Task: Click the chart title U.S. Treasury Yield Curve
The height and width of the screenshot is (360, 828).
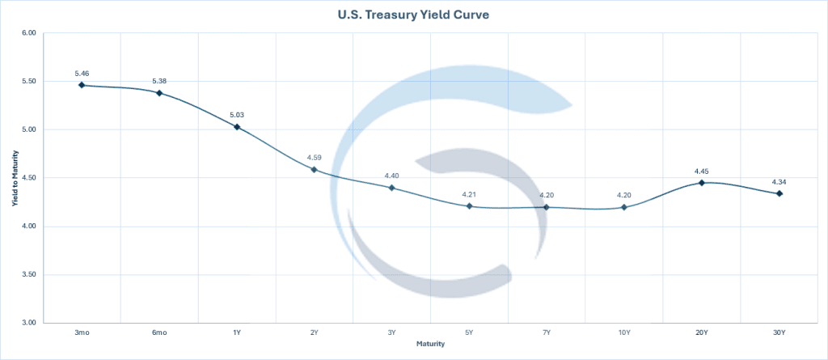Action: coord(413,15)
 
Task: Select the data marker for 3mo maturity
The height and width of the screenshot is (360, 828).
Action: coord(82,85)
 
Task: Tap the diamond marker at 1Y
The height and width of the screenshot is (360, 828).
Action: coord(237,127)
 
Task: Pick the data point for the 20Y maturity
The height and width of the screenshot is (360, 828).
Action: coord(702,183)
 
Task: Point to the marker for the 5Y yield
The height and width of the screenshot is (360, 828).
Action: coord(469,206)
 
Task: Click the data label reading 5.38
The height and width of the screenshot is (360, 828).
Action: coord(159,81)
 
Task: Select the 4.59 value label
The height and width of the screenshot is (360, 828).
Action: coord(315,157)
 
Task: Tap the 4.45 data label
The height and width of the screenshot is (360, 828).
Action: coord(702,171)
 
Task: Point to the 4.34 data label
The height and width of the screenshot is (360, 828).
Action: coord(779,181)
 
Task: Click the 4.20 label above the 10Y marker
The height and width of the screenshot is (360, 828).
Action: coord(624,195)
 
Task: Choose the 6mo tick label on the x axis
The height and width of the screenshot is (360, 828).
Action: coord(159,332)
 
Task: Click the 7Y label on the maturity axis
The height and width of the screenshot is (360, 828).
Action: coord(547,332)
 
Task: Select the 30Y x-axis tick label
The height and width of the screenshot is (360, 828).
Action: coord(779,332)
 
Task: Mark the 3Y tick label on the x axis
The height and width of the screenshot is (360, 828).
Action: coord(391,332)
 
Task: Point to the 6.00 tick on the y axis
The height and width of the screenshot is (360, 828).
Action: coord(29,33)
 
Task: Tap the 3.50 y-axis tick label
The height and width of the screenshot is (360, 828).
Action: coord(29,275)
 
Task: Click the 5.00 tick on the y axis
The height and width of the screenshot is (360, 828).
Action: coord(29,129)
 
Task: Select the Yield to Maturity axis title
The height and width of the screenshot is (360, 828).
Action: coord(14,178)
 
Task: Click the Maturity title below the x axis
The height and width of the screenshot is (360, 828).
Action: coord(430,345)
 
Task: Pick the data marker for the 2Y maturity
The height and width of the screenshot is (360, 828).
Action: coord(315,170)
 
